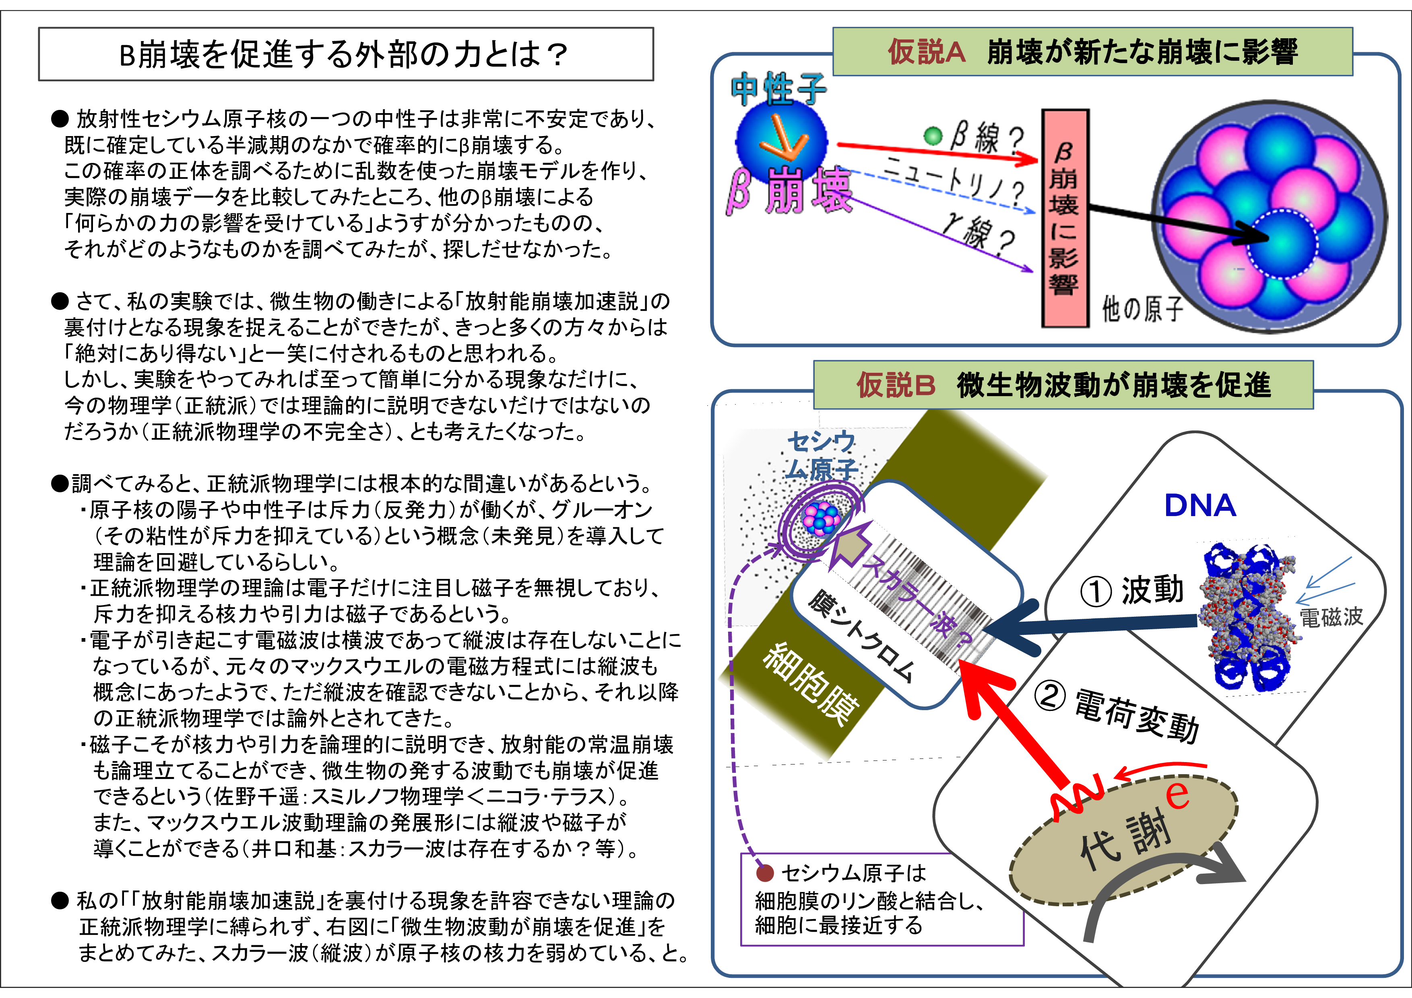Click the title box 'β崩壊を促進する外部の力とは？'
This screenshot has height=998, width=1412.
(346, 54)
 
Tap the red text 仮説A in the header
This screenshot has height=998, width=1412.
(926, 52)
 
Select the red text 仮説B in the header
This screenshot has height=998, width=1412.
(896, 386)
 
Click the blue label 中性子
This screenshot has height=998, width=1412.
(778, 89)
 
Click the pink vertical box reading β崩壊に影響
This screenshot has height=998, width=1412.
(1065, 218)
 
